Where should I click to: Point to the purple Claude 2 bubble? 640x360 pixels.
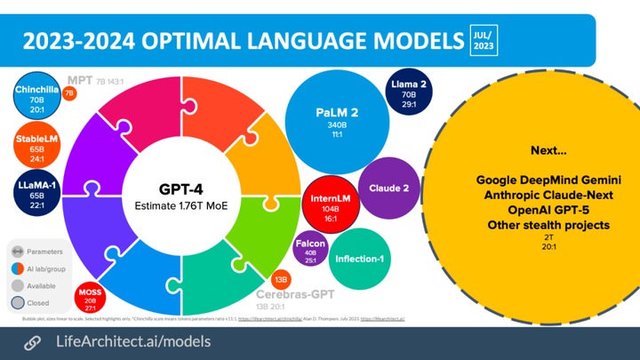(x=388, y=188)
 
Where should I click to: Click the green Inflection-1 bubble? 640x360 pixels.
(x=358, y=259)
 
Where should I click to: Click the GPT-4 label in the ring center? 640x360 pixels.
(x=181, y=188)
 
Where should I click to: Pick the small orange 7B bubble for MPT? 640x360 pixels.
(x=69, y=92)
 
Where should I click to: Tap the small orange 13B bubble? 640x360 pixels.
(x=280, y=280)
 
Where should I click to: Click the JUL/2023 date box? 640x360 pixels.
(x=484, y=40)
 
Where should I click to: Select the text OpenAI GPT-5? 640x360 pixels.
(x=548, y=210)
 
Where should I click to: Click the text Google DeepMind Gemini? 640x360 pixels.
(x=548, y=180)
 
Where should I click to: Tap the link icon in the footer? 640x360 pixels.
(x=32, y=342)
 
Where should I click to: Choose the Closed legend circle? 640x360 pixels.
(x=18, y=302)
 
